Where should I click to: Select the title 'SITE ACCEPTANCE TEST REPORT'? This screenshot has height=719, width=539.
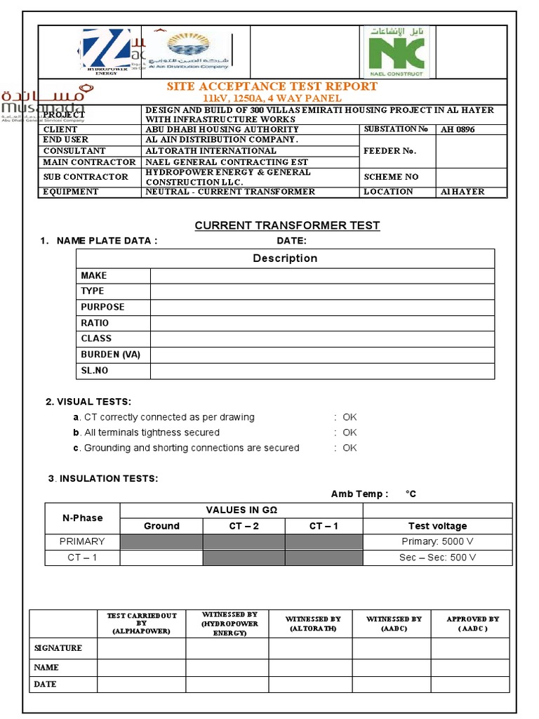coord(272,86)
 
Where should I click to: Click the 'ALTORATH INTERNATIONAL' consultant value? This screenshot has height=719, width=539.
coord(211,151)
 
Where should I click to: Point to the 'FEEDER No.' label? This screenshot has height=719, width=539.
coord(390,151)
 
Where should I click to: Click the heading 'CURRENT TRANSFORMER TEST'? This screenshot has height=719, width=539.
coord(287,225)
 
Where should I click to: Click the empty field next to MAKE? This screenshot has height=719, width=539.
coord(322,275)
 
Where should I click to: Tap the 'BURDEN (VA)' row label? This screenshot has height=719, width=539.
coord(110,355)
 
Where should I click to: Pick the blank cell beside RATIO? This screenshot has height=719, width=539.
coord(322,323)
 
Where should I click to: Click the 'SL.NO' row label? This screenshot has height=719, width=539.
coord(95,370)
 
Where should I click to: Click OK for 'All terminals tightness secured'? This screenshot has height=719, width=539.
coord(350,433)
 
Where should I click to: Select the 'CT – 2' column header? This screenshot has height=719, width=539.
coord(244,526)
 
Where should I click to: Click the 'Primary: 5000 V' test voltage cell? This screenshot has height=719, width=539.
coord(438,541)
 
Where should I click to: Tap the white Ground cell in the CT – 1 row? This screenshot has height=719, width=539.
coord(161,558)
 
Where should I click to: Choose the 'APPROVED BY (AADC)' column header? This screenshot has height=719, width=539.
coord(472,624)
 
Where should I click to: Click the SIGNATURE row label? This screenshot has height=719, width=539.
coord(58,648)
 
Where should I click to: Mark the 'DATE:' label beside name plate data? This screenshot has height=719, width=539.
coord(291,241)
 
